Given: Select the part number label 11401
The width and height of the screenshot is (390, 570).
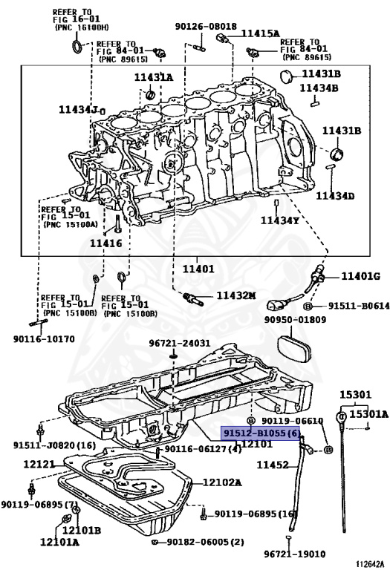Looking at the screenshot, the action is [x=198, y=269].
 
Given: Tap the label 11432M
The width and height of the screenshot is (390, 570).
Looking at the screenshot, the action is [x=236, y=295].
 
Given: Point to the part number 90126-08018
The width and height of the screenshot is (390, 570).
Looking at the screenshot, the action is [x=206, y=26].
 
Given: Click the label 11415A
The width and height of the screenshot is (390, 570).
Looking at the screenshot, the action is [x=261, y=34].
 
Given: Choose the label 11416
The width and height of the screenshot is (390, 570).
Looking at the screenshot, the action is [x=106, y=243].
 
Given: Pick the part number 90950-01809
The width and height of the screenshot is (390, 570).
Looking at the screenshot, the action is [x=295, y=320].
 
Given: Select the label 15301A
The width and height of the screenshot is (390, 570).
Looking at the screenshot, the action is [x=369, y=414].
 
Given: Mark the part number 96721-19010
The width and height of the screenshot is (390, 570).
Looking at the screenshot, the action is [x=294, y=554].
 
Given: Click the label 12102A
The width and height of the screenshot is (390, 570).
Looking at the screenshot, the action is [x=222, y=482].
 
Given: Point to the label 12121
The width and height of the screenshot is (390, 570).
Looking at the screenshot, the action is [x=39, y=464].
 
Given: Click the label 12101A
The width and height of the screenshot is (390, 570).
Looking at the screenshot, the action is [x=59, y=543].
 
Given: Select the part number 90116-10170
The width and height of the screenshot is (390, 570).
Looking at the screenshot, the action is [x=44, y=339].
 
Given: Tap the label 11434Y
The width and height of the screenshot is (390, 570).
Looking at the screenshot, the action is [x=280, y=220].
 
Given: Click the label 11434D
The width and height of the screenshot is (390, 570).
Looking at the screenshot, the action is [x=335, y=196].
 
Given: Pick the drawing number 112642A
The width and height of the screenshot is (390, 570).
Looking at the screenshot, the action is [x=370, y=564].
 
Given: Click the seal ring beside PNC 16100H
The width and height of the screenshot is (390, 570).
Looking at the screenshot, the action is [x=77, y=46].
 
